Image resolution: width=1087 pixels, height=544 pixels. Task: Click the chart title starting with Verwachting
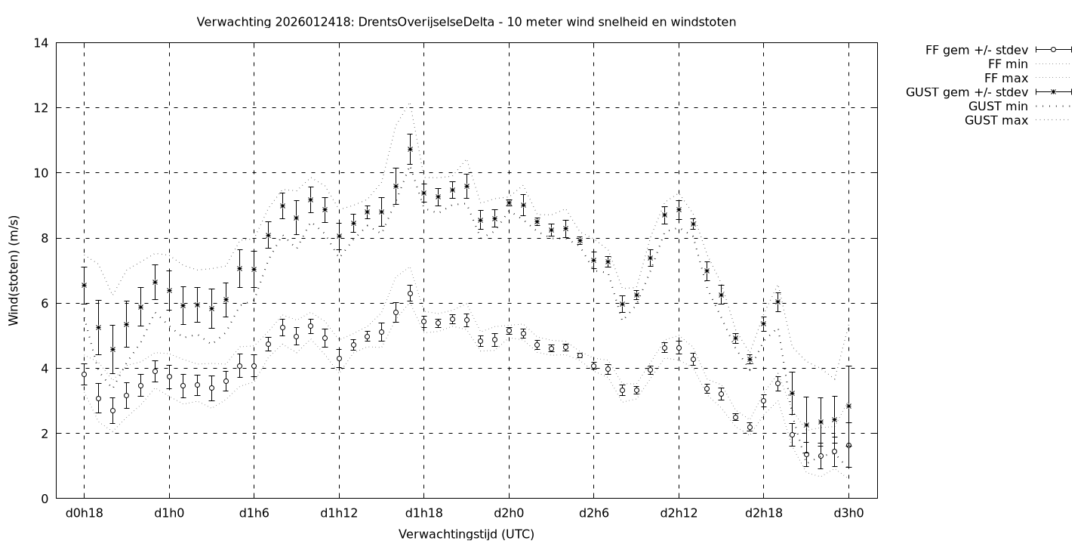[x=466, y=22]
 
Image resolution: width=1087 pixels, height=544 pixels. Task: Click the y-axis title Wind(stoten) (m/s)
[x=14, y=270]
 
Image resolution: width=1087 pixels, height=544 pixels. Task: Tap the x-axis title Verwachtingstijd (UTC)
[x=466, y=533]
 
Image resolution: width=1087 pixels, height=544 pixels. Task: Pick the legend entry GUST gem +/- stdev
[x=965, y=92]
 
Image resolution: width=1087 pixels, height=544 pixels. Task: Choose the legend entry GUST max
[x=996, y=120]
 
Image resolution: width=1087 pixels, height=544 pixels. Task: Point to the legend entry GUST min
[x=998, y=107]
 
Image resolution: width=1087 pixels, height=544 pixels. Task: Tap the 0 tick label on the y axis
[x=45, y=499]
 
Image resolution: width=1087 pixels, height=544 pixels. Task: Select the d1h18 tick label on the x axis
[x=423, y=514]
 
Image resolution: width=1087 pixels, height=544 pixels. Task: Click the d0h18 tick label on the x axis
[x=84, y=514]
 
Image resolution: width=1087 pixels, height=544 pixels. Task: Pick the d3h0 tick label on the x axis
[x=848, y=514]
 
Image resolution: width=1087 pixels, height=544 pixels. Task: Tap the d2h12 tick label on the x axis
[x=679, y=514]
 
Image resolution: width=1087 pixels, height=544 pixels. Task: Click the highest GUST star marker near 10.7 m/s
[x=410, y=149]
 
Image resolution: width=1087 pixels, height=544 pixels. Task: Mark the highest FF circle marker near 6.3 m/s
[x=410, y=293]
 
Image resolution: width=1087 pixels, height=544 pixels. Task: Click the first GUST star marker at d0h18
[x=84, y=285]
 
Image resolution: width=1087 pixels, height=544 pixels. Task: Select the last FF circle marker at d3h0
[x=848, y=445]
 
